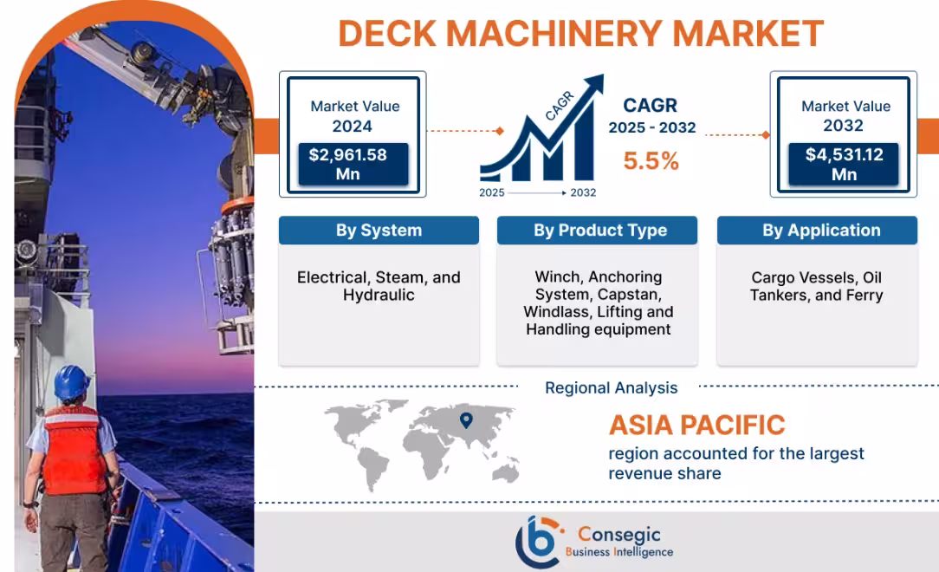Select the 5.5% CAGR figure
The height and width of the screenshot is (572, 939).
click(x=651, y=161)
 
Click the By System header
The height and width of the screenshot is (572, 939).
click(x=379, y=231)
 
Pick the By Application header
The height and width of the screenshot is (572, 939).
click(x=820, y=231)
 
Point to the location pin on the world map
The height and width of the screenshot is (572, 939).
click(x=466, y=420)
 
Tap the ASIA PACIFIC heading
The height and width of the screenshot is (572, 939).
click(x=696, y=426)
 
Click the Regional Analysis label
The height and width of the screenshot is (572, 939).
click(x=611, y=388)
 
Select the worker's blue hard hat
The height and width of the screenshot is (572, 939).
click(x=72, y=381)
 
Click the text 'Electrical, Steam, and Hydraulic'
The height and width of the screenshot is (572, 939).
click(x=379, y=286)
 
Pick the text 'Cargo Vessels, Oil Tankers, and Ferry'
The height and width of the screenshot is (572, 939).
click(x=817, y=286)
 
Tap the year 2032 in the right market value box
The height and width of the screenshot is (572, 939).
click(x=844, y=126)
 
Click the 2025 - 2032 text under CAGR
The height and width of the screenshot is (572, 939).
click(x=651, y=127)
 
